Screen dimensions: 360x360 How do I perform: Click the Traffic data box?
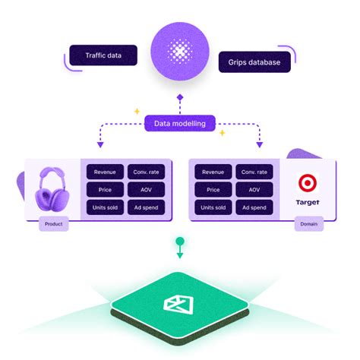point(103,55)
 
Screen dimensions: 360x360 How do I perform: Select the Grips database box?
point(254,61)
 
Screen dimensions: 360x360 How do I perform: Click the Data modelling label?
point(180,122)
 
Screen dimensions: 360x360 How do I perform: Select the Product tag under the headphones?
point(55,224)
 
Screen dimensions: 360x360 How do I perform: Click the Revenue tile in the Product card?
point(105,172)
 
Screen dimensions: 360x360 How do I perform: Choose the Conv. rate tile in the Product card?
point(146,172)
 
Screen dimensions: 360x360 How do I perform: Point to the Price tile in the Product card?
point(105,189)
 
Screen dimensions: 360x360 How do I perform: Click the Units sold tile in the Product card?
point(105,207)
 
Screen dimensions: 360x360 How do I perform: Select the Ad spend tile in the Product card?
point(146,207)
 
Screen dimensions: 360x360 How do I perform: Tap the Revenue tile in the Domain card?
point(213,172)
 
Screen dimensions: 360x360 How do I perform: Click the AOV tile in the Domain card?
point(254,189)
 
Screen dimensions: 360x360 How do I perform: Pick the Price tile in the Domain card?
point(213,189)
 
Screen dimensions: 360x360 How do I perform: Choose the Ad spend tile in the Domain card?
point(254,207)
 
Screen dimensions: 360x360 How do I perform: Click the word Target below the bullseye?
point(307,204)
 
